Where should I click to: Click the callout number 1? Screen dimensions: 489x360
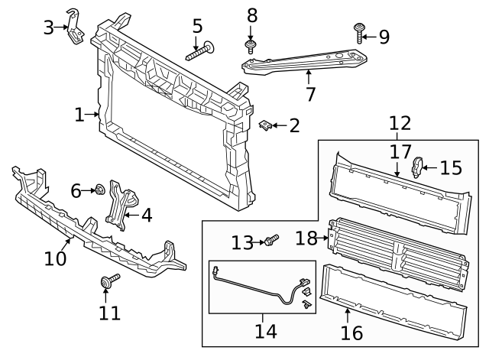tap(79, 115)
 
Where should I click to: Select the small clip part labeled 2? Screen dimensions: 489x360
tap(265, 125)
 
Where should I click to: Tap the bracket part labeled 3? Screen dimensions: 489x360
tap(75, 27)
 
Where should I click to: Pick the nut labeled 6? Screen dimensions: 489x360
tap(100, 190)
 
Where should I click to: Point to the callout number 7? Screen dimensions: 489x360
tap(311, 94)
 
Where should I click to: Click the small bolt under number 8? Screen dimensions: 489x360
tap(250, 46)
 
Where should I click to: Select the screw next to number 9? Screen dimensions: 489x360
tap(359, 33)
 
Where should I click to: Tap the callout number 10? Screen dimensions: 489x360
tap(55, 258)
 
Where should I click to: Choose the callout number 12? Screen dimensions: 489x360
tap(400, 123)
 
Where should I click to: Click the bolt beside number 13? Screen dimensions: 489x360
tap(271, 240)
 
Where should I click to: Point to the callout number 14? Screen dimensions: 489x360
tap(266, 331)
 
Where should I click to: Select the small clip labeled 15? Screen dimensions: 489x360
tap(416, 167)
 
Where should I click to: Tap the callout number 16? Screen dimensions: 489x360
tap(351, 332)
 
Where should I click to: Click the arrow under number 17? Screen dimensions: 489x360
tap(397, 170)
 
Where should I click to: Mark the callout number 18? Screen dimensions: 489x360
tap(306, 238)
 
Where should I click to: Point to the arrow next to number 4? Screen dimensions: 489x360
tap(131, 215)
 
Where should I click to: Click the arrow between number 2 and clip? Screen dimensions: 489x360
tap(280, 125)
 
